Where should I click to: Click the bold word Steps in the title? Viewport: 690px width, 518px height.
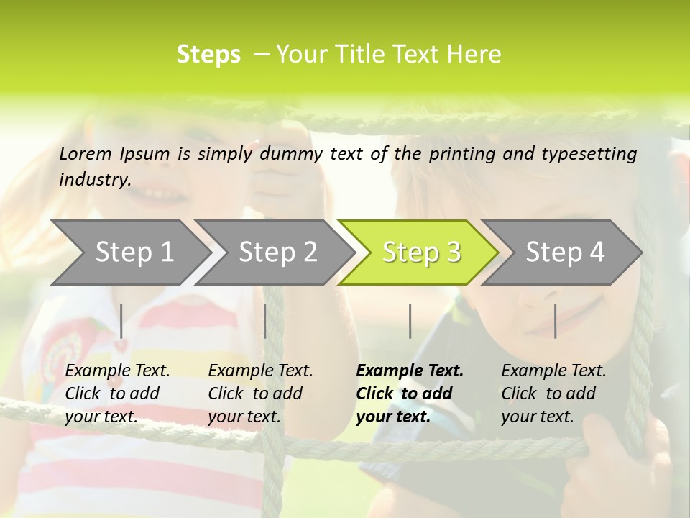(208, 54)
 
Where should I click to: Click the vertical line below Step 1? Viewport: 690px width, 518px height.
(121, 321)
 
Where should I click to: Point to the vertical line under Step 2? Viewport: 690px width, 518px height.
(265, 321)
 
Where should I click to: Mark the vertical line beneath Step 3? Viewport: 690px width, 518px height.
(410, 321)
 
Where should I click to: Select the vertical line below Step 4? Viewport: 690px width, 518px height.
(556, 321)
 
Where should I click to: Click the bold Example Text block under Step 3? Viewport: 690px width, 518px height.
(410, 394)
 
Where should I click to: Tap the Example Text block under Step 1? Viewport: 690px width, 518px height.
(117, 394)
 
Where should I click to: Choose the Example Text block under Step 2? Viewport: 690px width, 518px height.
(260, 394)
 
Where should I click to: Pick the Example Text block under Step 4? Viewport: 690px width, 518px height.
(553, 394)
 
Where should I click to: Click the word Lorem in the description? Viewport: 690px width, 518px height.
(86, 153)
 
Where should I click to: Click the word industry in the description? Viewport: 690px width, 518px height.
(95, 179)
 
